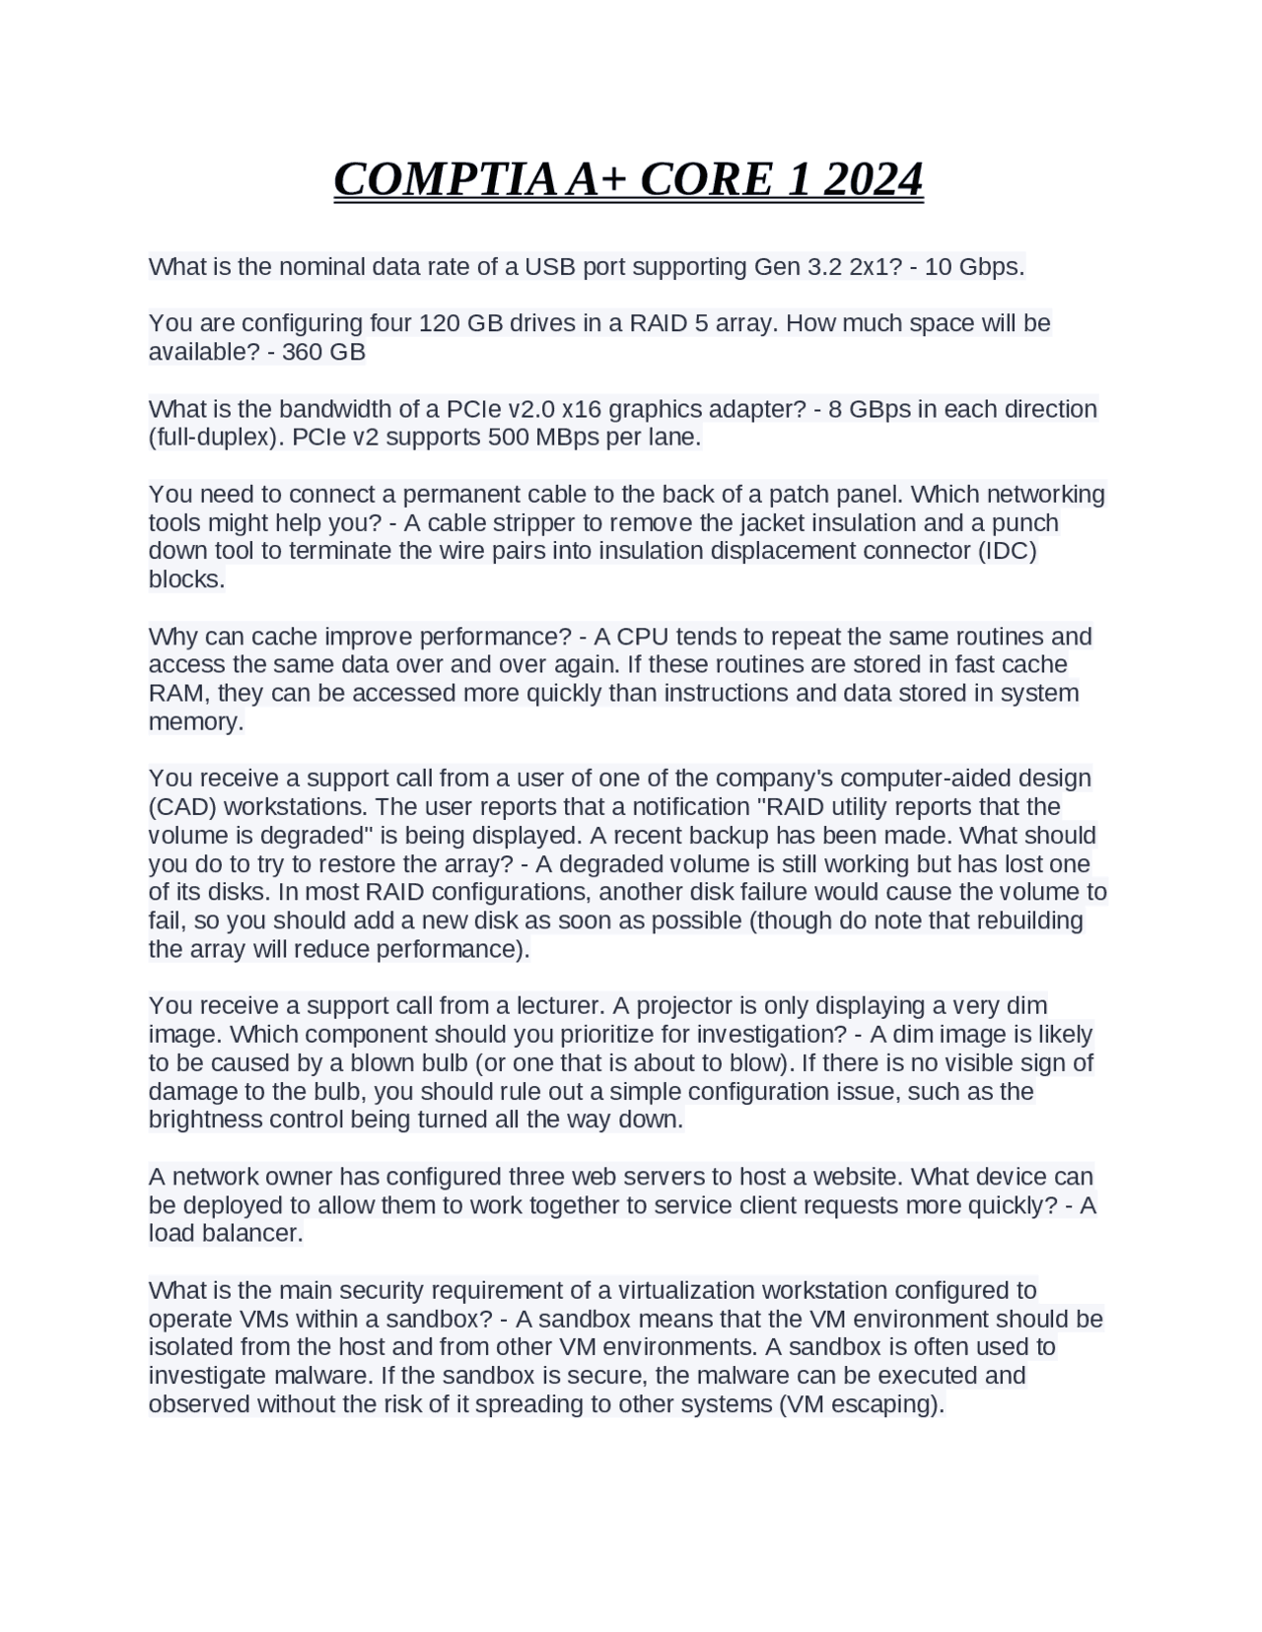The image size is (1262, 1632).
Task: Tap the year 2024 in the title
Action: (873, 179)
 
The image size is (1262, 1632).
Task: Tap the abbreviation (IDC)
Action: (1007, 550)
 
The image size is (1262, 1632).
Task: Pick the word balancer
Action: (251, 1233)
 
